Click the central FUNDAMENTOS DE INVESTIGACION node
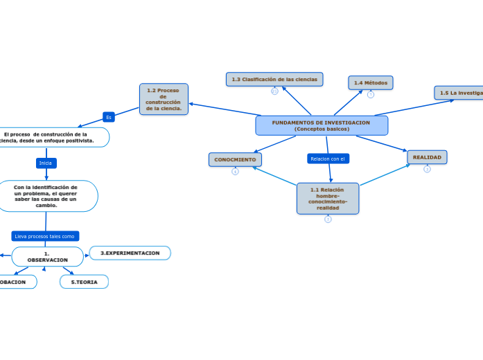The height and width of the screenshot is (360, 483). (321, 125)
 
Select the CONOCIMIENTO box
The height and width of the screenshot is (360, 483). (235, 159)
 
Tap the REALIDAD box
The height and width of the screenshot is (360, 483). (427, 157)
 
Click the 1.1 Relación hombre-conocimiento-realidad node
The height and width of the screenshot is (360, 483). (327, 199)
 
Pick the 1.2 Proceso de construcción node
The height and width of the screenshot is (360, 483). (164, 99)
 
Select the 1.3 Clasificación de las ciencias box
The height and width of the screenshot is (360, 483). (274, 80)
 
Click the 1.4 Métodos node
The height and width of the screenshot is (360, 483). (370, 83)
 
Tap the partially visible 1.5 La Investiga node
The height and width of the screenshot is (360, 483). (459, 93)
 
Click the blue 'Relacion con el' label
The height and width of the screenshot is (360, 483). (328, 159)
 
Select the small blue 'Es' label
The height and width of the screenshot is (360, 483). (108, 117)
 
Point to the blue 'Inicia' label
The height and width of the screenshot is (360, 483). (46, 163)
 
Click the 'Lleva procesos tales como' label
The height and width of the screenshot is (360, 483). (45, 236)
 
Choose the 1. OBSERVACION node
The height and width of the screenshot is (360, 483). (47, 257)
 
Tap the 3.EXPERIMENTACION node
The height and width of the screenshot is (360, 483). (130, 253)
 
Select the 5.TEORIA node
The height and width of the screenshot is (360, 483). (84, 282)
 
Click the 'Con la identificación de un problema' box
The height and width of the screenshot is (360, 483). (46, 196)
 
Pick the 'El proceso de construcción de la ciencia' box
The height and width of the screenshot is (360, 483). (49, 137)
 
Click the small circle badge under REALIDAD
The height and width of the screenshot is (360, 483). (427, 169)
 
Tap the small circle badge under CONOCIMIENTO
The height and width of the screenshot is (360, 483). (235, 172)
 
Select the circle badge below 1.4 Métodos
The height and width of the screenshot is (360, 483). (371, 95)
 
